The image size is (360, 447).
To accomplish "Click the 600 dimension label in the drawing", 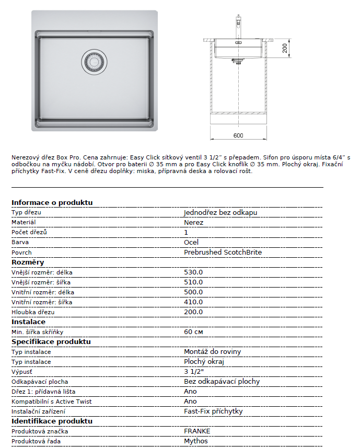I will (238, 136).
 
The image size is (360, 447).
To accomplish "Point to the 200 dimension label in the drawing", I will (285, 49).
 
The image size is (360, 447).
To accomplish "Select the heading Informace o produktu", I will (52, 202).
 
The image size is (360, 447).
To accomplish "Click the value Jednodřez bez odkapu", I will (220, 213).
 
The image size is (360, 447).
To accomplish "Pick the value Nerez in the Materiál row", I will (194, 223).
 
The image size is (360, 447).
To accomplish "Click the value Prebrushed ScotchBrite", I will (223, 253).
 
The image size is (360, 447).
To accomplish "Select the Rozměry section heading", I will (28, 262).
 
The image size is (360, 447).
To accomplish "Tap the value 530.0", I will (193, 272).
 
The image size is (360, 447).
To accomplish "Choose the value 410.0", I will (193, 302).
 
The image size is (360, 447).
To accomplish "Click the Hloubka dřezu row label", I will (33, 312).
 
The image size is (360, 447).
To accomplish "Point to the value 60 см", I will (193, 332).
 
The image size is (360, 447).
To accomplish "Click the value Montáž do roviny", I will (213, 352).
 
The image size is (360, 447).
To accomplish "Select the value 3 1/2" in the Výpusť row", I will (193, 372).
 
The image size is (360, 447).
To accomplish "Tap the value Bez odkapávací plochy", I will (222, 382).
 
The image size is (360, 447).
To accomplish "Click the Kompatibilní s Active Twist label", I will (52, 402).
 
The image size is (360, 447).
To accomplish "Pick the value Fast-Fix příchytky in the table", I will (213, 411).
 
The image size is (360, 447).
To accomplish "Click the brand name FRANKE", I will (197, 431).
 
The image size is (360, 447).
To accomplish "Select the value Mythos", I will (195, 441).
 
